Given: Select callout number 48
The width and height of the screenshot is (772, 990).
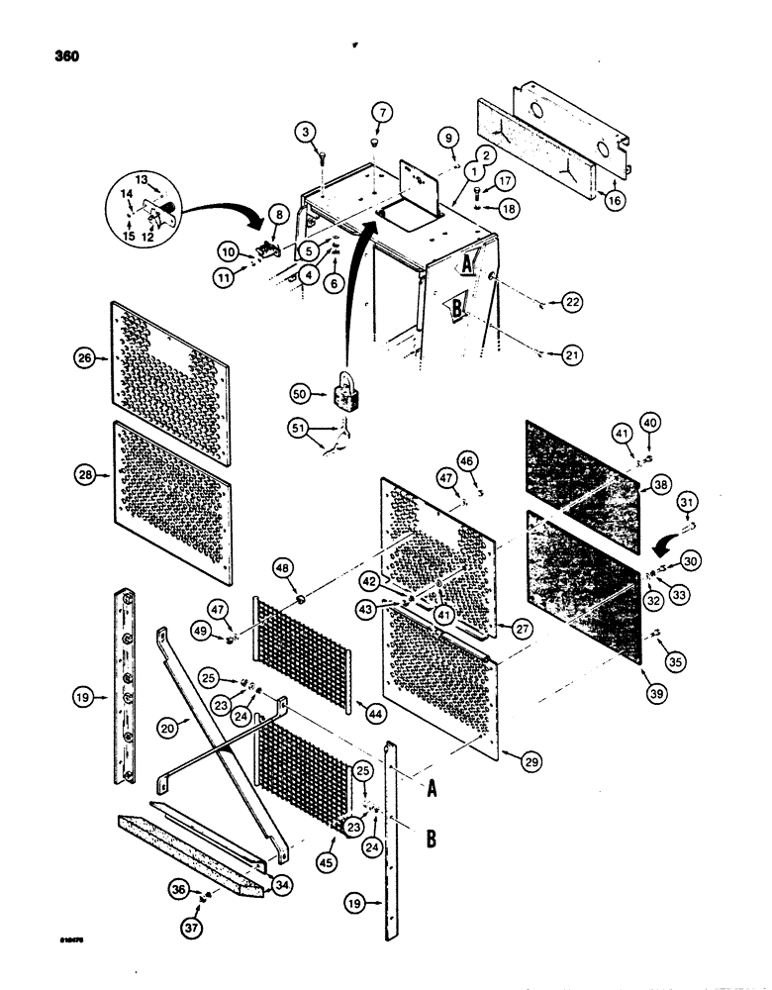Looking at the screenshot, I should point(283,568).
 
